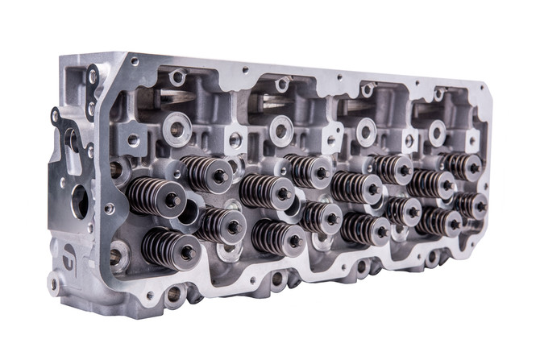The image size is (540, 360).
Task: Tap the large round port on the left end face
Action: coord(81,201)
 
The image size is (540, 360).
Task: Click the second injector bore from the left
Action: coord(280,130)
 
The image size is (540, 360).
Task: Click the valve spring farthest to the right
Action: coord(471,205)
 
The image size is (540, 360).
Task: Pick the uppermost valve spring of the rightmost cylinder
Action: coord(463,166)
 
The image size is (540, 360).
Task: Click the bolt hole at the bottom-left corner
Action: coord(54,283)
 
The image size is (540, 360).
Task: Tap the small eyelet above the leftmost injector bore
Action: coord(177,78)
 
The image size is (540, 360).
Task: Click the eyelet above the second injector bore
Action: coord(282,84)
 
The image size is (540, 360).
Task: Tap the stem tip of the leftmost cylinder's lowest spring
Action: coord(187,252)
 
